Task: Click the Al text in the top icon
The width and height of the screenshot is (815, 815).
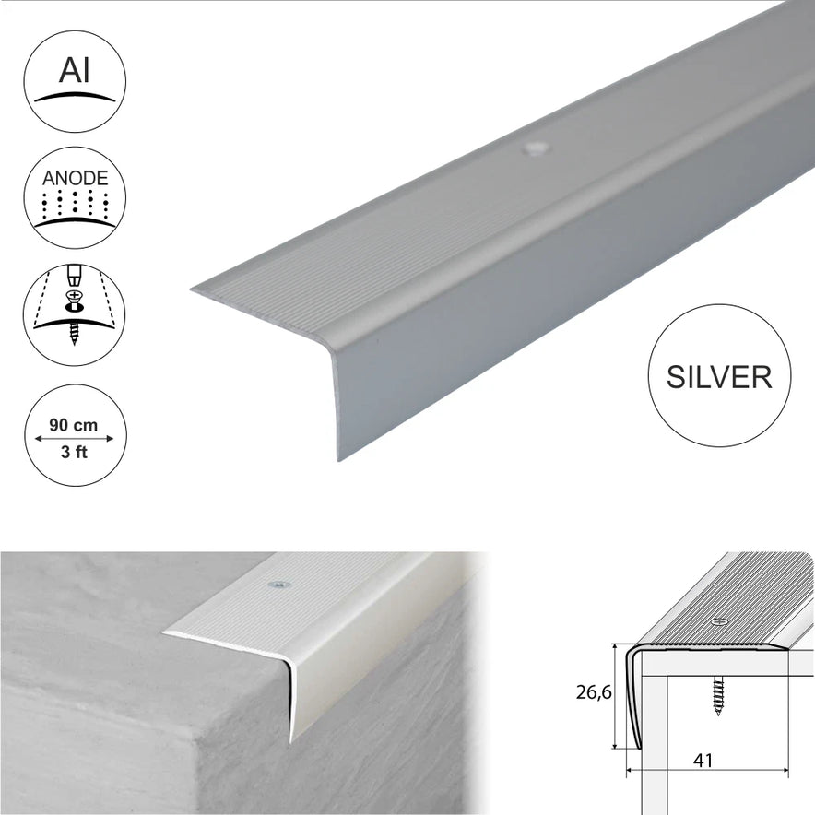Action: (x=74, y=70)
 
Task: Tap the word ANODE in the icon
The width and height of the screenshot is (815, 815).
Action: (x=75, y=178)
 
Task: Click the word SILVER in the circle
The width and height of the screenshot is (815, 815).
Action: (x=719, y=377)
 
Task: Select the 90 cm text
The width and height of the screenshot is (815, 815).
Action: (x=73, y=425)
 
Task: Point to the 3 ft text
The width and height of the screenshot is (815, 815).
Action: (x=74, y=452)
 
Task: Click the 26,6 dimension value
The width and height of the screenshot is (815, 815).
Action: (x=594, y=692)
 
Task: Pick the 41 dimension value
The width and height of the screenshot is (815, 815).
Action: (x=703, y=761)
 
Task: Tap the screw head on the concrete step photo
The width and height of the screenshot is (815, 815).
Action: (x=278, y=585)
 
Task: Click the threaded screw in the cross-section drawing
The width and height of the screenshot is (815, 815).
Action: (x=719, y=696)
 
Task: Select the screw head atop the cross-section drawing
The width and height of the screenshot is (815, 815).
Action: (x=719, y=621)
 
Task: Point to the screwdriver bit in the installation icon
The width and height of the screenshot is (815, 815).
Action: (x=75, y=276)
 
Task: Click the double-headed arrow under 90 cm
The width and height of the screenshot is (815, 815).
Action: (x=74, y=439)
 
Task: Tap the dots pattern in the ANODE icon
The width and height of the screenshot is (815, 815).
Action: (x=76, y=204)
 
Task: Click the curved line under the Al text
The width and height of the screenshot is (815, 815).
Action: (x=75, y=97)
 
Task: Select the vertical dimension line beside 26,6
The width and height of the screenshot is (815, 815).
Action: (x=616, y=696)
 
